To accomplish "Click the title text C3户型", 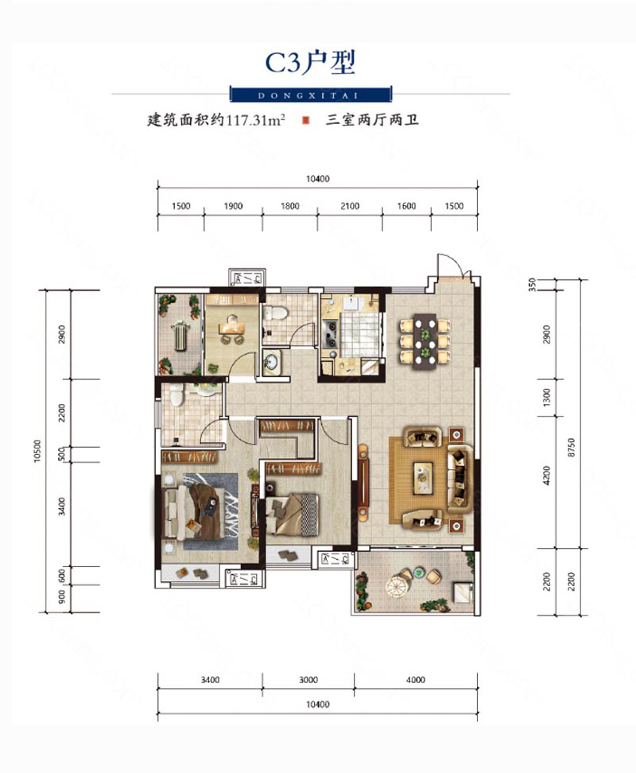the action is point(310,63).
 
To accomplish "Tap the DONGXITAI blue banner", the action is point(311,94).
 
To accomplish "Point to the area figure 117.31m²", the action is point(256,120).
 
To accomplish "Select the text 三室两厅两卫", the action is point(372,120).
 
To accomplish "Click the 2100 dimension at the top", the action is point(350,206).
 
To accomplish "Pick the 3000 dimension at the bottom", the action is point(308,680).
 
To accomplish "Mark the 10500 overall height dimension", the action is point(38,451).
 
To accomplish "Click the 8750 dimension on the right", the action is point(572,447).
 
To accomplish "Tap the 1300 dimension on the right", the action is point(546,398).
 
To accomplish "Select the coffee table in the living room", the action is point(423,477).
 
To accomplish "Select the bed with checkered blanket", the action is point(293,515).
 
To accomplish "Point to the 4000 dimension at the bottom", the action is point(416,680).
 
